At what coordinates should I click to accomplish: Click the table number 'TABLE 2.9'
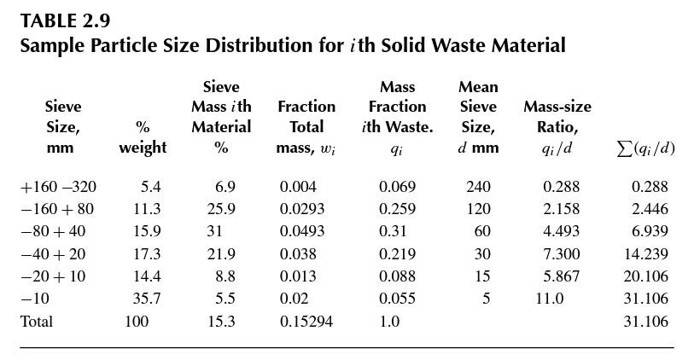[x=65, y=20]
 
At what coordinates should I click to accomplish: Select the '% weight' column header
[x=143, y=137]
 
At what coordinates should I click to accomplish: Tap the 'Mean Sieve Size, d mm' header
[x=478, y=117]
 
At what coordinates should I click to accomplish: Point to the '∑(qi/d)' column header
[x=645, y=148]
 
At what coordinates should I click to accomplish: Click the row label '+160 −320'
[x=58, y=187]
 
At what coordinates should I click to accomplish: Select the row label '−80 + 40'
[x=53, y=231]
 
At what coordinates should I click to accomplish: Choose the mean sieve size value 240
[x=478, y=187]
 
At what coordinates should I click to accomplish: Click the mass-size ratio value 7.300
[x=561, y=254]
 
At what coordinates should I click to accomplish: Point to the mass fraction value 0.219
[x=397, y=254]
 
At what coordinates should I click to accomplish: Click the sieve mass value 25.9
[x=221, y=209]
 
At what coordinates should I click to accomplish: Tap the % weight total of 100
[x=137, y=322]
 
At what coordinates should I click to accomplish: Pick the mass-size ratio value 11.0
[x=549, y=299]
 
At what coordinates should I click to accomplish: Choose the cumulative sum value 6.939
[x=649, y=231]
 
